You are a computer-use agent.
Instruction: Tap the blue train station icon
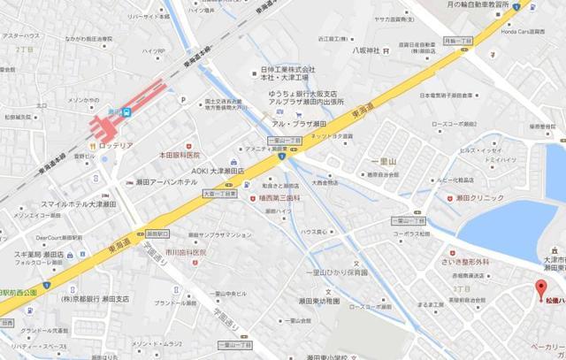click(x=126, y=112)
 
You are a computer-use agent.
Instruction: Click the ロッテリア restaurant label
click(x=116, y=142)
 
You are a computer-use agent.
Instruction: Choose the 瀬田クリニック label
click(x=487, y=201)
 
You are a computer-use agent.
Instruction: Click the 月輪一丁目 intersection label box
click(x=455, y=40)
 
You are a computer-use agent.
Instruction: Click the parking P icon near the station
click(x=183, y=101)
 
